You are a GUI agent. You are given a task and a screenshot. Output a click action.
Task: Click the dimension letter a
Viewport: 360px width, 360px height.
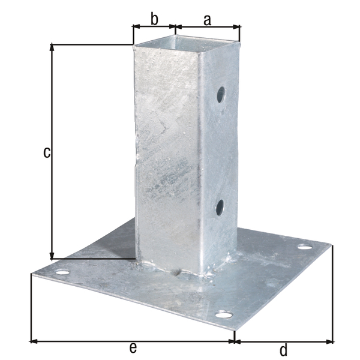point(207,20)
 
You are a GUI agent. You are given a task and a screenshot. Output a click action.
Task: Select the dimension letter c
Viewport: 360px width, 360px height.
point(47,152)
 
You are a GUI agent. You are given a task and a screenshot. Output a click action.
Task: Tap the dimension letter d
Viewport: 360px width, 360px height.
point(284,350)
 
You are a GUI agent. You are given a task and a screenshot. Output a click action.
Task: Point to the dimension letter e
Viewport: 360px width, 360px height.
point(133,347)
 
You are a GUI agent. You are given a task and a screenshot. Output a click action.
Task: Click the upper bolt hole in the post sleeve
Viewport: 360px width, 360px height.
point(221,95)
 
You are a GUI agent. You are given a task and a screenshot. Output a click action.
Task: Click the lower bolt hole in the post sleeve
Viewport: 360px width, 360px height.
point(220,208)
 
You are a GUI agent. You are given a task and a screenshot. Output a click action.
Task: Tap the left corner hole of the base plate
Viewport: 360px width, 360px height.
point(62,272)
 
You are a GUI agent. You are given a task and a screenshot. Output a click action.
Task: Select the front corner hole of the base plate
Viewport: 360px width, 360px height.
point(224,314)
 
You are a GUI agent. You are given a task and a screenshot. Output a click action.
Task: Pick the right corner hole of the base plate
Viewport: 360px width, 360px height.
point(305,247)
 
